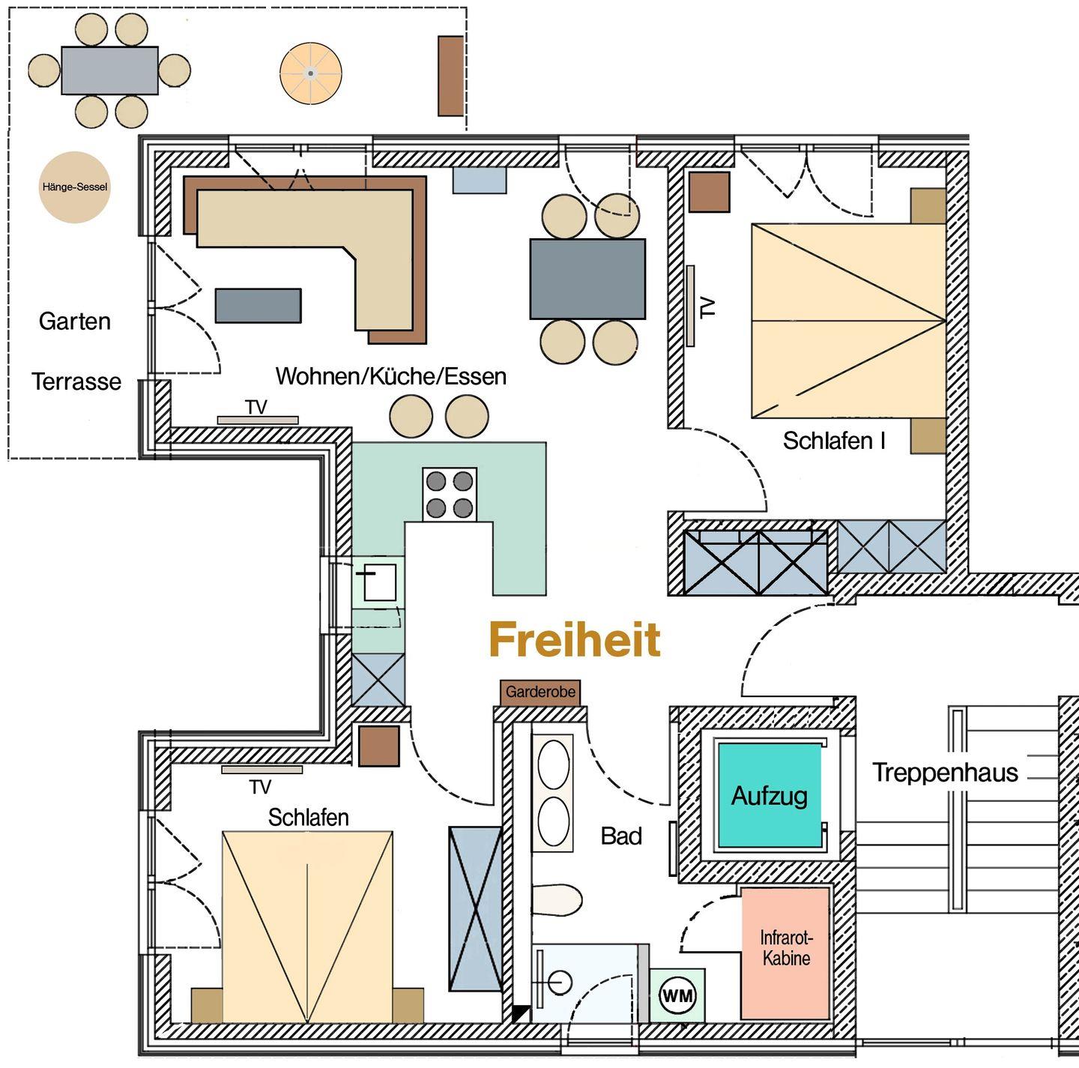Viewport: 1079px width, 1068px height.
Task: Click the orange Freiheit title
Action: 575,640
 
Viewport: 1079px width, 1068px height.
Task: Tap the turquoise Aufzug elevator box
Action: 770,795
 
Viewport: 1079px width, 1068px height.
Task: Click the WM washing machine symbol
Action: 677,996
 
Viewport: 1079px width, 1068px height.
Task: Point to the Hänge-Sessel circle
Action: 74,187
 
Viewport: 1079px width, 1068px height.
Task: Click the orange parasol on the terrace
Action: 311,73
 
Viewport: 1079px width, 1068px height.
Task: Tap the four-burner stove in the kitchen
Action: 450,495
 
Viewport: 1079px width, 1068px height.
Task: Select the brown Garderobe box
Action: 540,693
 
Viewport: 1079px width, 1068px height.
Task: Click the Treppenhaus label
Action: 945,773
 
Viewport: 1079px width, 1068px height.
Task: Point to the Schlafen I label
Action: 834,441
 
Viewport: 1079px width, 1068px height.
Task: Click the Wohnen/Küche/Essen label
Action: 391,376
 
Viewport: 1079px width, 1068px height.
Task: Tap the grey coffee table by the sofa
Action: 258,305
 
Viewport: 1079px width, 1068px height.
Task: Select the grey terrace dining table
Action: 109,70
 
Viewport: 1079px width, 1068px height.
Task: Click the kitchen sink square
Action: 380,583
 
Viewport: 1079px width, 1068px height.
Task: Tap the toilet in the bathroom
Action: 557,899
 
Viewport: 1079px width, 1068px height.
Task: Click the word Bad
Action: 621,836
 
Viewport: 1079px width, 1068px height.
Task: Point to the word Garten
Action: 74,321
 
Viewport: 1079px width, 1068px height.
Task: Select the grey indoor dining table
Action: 587,279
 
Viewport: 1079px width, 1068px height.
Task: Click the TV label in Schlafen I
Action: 708,307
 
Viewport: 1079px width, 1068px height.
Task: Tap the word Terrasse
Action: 76,381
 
